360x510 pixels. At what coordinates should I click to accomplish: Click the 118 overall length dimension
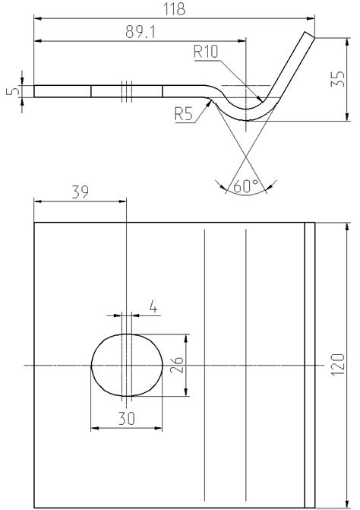click(174, 9)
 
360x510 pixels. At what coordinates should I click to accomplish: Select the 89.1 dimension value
click(141, 32)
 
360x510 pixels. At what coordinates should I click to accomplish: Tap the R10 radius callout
click(206, 52)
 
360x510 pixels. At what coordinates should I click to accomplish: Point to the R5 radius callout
click(184, 114)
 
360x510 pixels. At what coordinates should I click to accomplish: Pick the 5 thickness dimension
click(12, 90)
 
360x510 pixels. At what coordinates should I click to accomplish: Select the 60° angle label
click(246, 186)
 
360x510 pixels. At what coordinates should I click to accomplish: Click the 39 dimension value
click(80, 192)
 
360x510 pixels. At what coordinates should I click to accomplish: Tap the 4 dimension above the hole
click(153, 307)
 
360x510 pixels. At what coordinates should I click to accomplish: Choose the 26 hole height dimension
click(178, 365)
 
